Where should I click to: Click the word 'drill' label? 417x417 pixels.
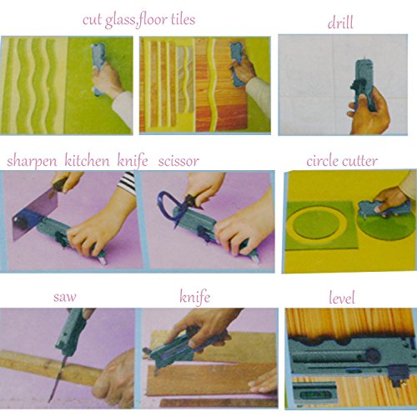(x=340, y=23)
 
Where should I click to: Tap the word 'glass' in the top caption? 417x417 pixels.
(x=120, y=21)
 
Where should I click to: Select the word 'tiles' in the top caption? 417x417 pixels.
(x=183, y=19)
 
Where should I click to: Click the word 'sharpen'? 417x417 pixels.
(x=32, y=162)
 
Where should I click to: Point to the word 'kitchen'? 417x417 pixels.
(x=87, y=160)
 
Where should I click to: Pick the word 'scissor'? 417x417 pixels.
(x=178, y=162)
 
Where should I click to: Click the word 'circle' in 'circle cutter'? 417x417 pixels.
(x=323, y=161)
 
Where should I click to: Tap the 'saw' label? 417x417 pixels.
(x=64, y=297)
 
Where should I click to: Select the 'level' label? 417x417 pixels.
(x=342, y=298)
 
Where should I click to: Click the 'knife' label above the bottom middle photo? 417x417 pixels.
(x=194, y=297)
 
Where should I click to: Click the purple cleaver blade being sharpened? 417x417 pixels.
(x=35, y=214)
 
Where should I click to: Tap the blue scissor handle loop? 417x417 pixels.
(x=167, y=204)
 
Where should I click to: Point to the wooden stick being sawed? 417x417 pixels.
(x=50, y=366)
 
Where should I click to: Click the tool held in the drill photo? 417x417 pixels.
(x=364, y=83)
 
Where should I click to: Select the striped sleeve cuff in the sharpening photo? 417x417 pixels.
(x=127, y=182)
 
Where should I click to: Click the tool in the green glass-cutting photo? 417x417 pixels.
(x=98, y=69)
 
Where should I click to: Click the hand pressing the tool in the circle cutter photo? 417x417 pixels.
(x=389, y=198)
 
